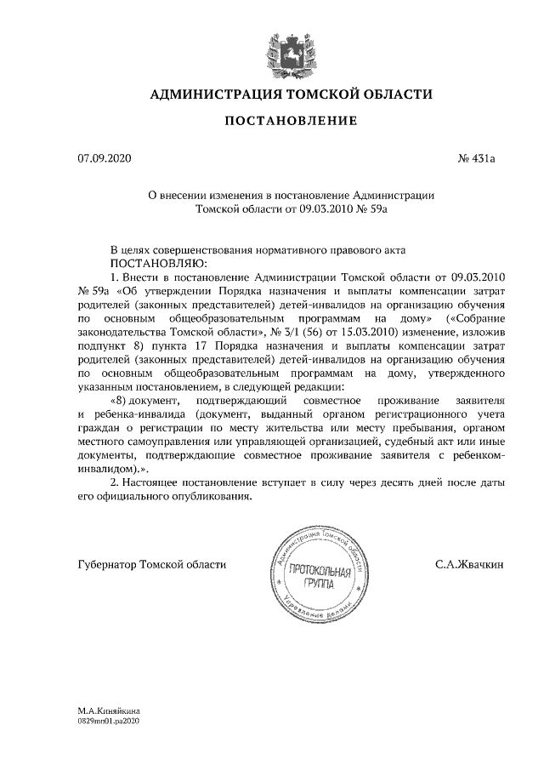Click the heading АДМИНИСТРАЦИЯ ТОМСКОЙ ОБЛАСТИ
pyautogui.click(x=291, y=94)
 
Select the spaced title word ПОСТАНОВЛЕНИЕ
pyautogui.click(x=291, y=123)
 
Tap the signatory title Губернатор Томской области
pyautogui.click(x=151, y=564)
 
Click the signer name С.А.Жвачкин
pyautogui.click(x=468, y=564)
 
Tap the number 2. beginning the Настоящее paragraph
pyautogui.click(x=116, y=483)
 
